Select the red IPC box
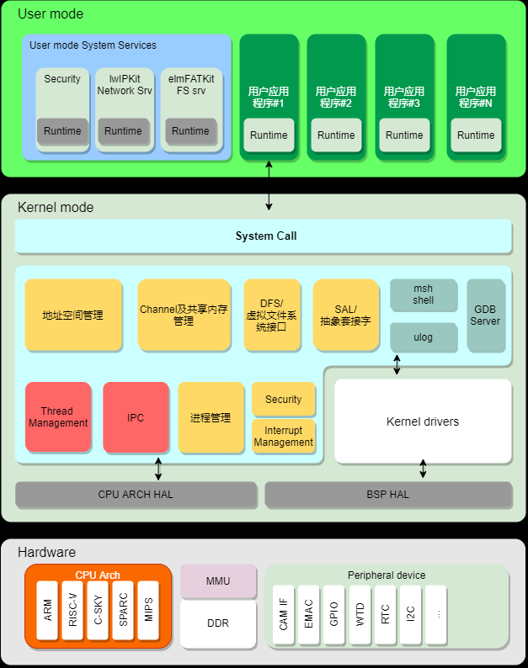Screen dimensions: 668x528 136,417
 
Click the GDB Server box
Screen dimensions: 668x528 485,315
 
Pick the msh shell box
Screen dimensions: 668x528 423,295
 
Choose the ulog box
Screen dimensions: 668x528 423,337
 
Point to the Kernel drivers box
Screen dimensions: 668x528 423,421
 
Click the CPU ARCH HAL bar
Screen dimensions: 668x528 136,495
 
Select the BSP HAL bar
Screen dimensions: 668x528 388,495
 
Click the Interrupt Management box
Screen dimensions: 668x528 284,437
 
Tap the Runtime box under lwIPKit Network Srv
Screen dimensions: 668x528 123,131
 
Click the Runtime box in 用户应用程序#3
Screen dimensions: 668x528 404,135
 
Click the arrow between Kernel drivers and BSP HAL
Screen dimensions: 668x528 423,469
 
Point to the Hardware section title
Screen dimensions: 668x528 46,553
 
